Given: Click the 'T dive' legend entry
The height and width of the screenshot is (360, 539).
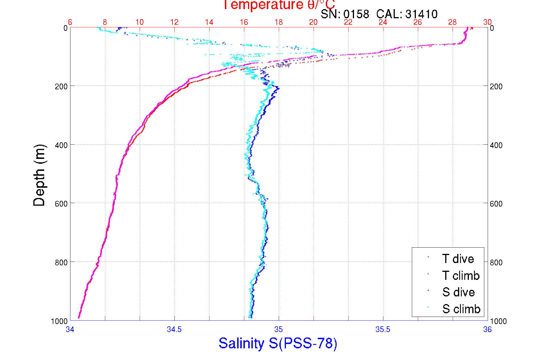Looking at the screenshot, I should tap(458, 259).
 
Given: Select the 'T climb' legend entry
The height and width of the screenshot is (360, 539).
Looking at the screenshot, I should tap(461, 276).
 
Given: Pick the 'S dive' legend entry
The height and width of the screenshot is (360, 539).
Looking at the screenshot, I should tap(458, 292).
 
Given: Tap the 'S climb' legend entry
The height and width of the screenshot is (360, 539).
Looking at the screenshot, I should tap(461, 309).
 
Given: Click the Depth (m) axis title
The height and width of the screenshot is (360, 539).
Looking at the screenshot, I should tap(39, 175).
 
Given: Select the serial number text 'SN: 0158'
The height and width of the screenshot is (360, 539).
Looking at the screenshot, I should tap(345, 14).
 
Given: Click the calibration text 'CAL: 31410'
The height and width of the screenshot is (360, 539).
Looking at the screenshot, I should tap(407, 14).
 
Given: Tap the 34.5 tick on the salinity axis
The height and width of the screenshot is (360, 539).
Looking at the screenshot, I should tap(174, 329).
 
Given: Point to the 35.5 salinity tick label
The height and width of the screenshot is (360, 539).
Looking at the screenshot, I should tap(383, 329).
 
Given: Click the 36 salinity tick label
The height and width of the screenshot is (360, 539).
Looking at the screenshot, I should tap(487, 329).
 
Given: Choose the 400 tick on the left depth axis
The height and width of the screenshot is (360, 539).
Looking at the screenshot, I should tap(61, 145).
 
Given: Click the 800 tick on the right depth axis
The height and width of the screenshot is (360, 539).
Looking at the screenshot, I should tap(496, 262).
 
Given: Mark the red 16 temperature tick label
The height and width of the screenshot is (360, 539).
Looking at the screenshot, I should tap(244, 22).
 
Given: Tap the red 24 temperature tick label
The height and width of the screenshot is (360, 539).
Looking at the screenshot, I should tap(383, 22).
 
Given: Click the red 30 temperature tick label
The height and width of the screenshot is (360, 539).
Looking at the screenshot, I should tap(487, 22).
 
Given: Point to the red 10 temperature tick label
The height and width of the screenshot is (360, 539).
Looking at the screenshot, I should tap(139, 22).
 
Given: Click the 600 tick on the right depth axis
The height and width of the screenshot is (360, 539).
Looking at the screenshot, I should tap(496, 204).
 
